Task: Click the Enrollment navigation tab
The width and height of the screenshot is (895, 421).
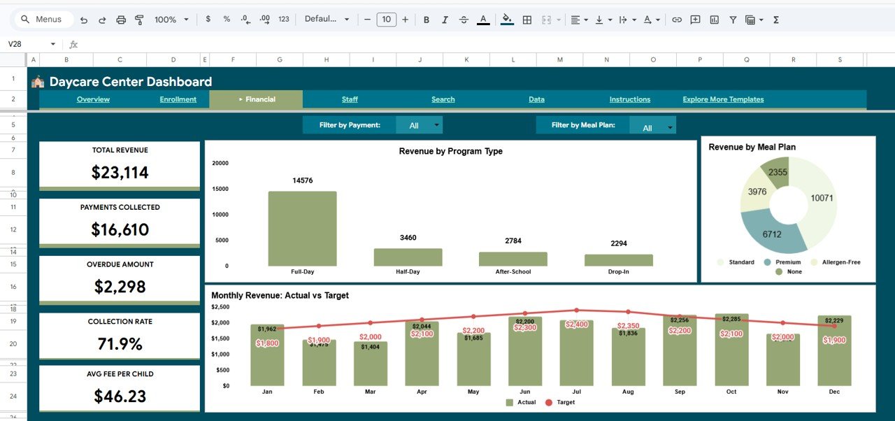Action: point(178,99)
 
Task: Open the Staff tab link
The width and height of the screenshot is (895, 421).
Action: point(350,99)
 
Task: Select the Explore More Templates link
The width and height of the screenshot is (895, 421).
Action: point(723,99)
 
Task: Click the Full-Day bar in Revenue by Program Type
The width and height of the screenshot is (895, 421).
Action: point(302,229)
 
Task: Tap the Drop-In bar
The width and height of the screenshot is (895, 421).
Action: point(618,260)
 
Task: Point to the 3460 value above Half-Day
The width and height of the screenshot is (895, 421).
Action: point(408,238)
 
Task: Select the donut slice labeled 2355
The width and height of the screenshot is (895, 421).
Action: point(777,172)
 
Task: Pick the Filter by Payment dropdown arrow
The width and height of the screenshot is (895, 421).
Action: point(437,125)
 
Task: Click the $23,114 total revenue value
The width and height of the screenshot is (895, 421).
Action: point(120,172)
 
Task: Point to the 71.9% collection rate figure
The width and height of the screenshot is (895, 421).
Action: point(120,344)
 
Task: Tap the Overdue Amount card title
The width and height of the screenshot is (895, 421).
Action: point(120,264)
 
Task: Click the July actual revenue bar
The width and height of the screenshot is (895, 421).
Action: point(576,353)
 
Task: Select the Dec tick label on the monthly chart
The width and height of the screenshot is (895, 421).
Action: point(834,392)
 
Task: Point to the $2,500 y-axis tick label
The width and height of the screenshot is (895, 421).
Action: point(221,307)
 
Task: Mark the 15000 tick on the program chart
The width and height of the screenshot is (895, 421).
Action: point(220,189)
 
